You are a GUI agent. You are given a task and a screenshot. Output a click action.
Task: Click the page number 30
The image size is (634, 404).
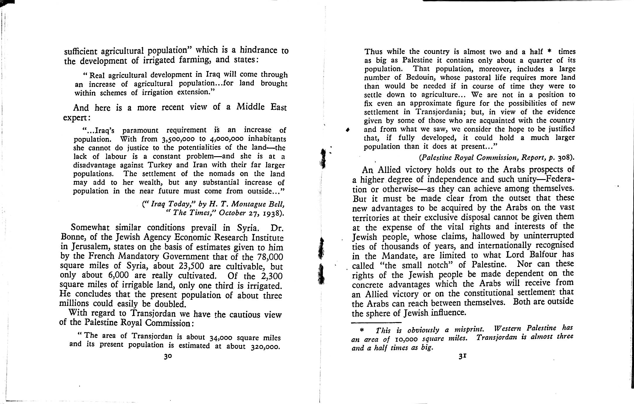168,356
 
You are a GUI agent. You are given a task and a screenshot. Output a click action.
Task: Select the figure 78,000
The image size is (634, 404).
270,257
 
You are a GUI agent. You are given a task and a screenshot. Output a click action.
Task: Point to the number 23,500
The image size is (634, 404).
192,266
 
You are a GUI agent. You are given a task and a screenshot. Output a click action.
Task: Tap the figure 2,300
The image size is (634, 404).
271,276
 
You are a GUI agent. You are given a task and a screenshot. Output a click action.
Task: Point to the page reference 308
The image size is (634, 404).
564,158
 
